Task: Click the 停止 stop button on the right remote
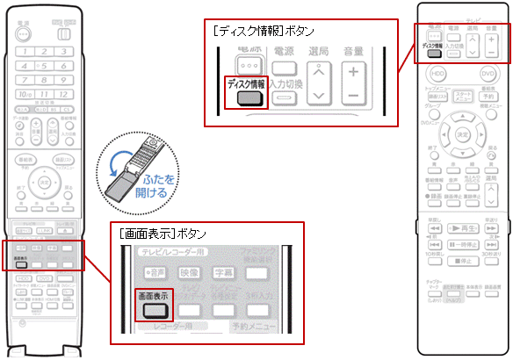click(463, 262)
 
